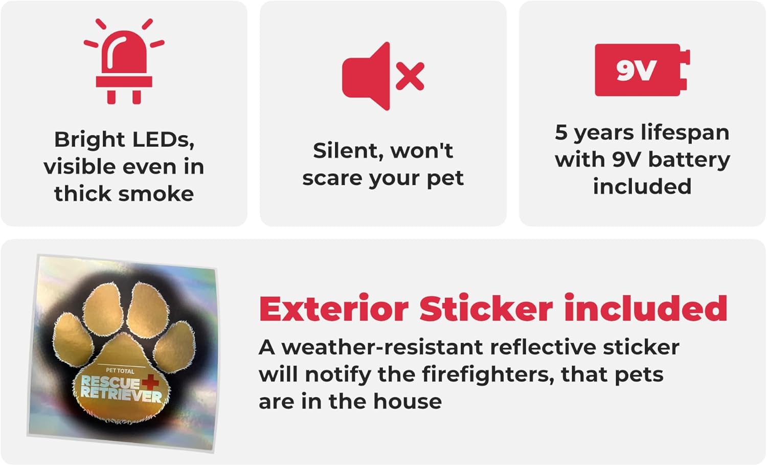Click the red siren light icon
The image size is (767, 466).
124,62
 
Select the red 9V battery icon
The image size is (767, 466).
642,70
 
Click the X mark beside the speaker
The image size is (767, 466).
410,76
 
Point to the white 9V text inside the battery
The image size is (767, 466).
636,70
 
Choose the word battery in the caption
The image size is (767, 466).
689,160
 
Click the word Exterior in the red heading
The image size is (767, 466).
334,308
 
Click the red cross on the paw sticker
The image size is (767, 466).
150,382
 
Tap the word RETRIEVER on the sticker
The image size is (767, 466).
121,395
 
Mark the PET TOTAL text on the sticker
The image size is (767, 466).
120,370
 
